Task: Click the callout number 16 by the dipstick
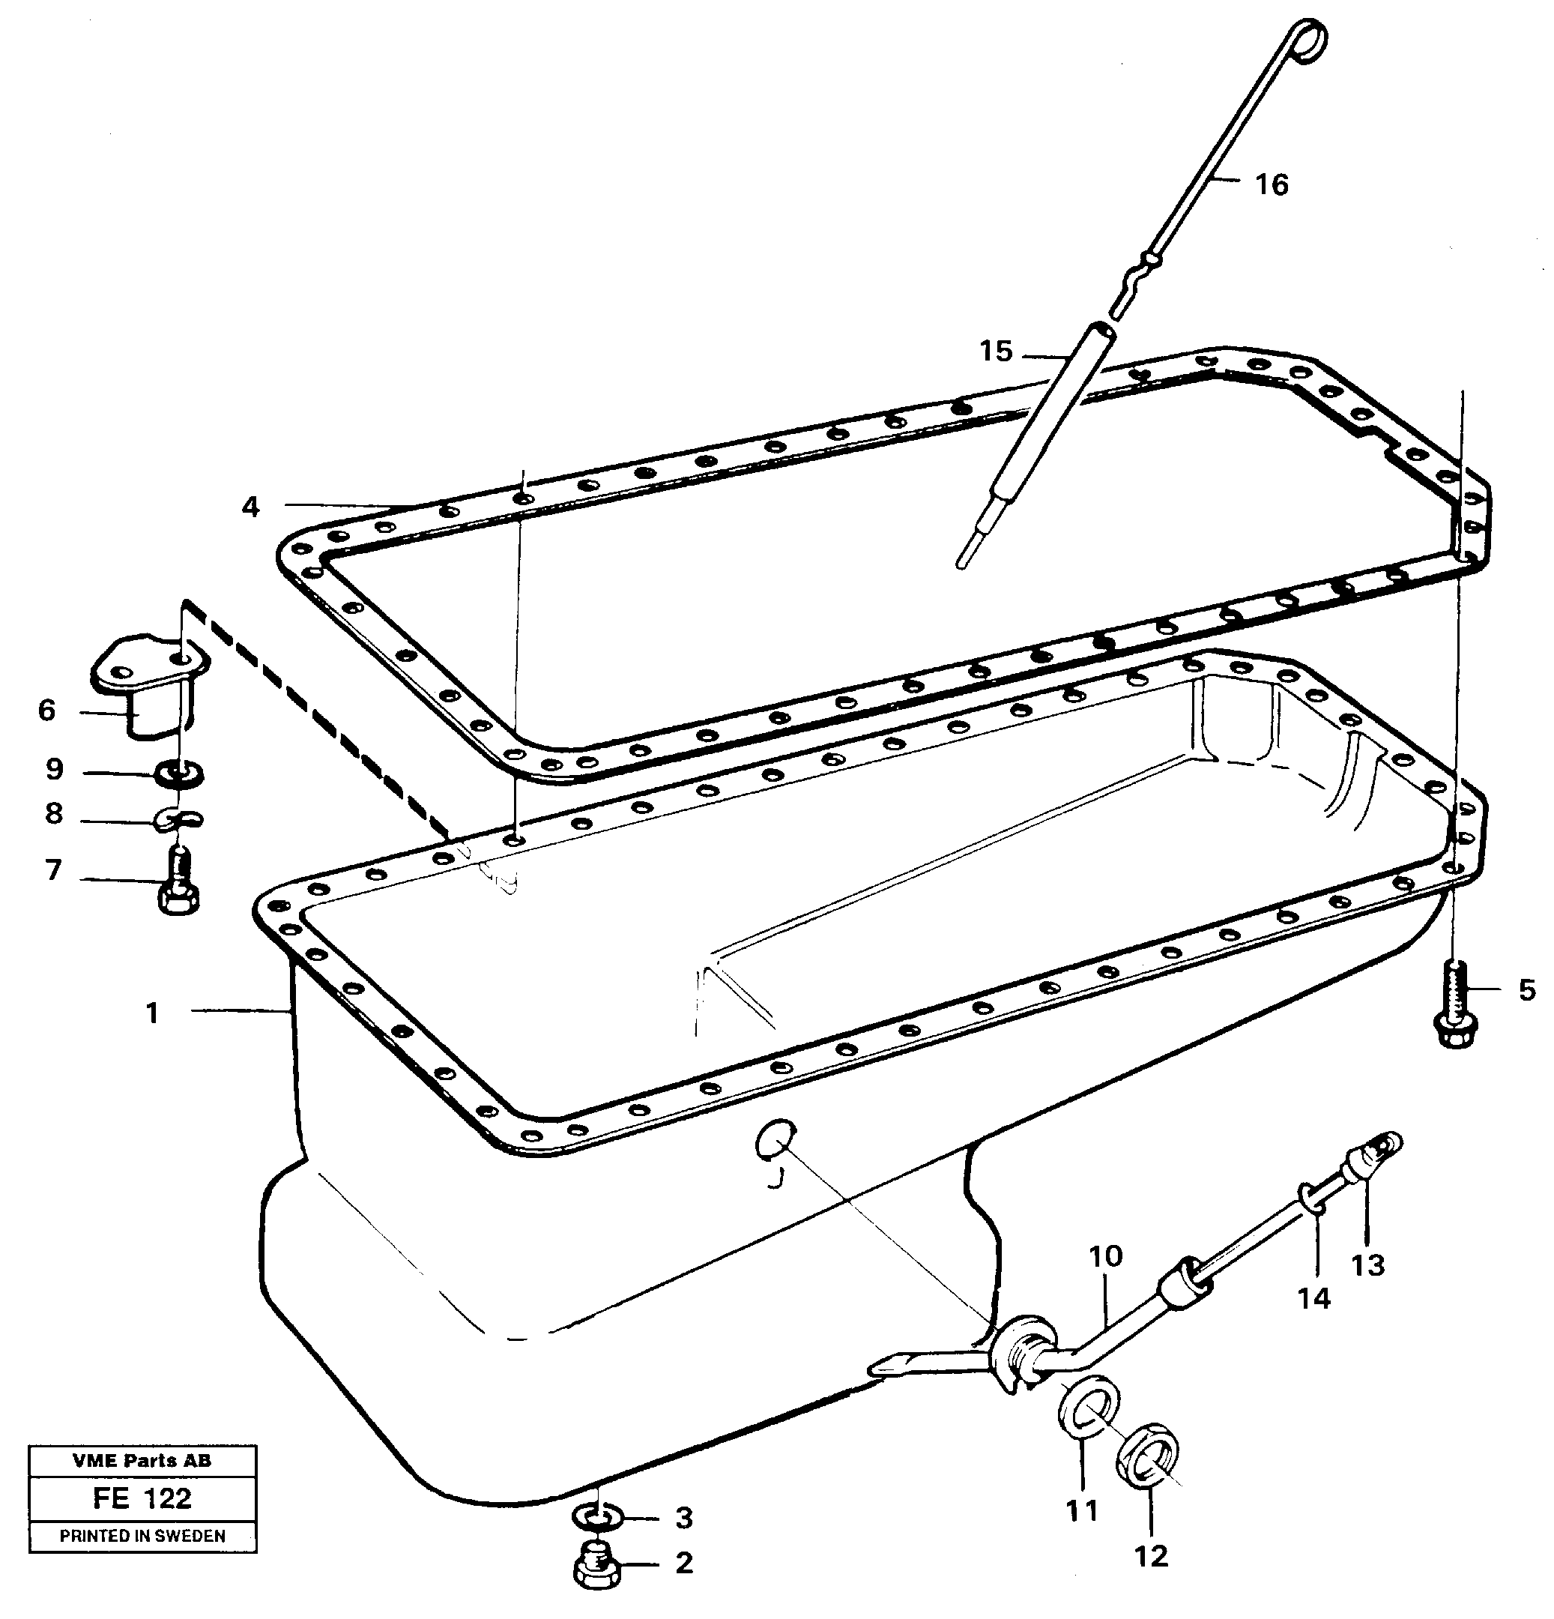click(1271, 185)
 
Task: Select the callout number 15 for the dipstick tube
click(995, 352)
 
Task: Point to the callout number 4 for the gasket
click(250, 507)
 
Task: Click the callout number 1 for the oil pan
click(152, 1013)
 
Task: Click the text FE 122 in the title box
click(142, 1498)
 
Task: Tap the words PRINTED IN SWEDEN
click(142, 1537)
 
